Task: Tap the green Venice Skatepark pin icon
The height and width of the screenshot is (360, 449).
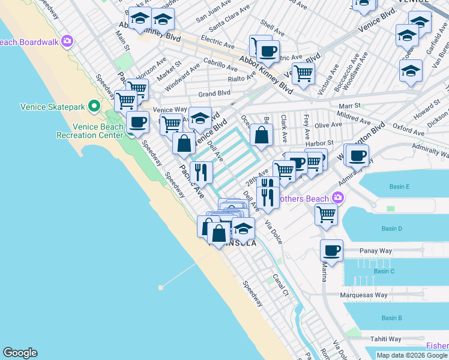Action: point(94,107)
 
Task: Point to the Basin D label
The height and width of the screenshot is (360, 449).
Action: point(391,228)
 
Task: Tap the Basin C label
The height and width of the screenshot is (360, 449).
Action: point(384,271)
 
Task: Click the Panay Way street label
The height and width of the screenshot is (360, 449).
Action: point(376,250)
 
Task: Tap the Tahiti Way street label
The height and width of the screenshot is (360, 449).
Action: point(387,338)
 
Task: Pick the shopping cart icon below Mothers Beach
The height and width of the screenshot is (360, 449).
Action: point(326,214)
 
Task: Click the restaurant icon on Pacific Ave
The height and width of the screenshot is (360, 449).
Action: point(201,172)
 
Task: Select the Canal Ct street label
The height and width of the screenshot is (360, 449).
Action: point(281,285)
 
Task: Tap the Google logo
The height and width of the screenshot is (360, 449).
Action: point(20,353)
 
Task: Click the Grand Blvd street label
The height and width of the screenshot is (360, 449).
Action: point(214,94)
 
